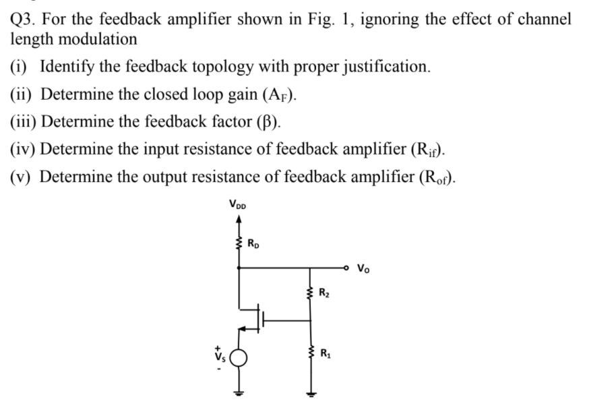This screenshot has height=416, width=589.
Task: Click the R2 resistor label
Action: coord(325,292)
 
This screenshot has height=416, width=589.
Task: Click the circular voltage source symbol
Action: coord(240,357)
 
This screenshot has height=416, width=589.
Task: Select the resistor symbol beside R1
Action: coord(310,352)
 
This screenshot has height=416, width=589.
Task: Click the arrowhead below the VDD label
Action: coord(239,216)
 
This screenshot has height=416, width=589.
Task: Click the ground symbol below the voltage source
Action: coord(240,394)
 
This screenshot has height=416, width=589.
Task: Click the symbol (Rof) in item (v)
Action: coord(439,177)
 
